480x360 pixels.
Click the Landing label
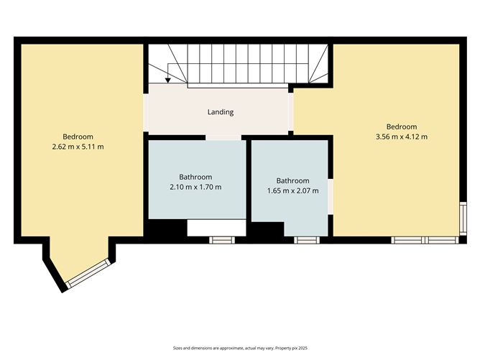(x=221, y=112)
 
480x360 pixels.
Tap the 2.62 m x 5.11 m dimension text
(x=78, y=147)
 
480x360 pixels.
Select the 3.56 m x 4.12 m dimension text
(x=402, y=137)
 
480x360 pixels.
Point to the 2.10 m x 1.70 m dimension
(x=195, y=187)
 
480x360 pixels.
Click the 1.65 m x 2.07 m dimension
(x=293, y=190)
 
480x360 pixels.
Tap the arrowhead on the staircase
(x=167, y=80)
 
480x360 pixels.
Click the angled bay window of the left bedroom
(x=88, y=273)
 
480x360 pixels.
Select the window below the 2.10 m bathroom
(x=222, y=240)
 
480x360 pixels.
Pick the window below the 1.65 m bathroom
(x=307, y=240)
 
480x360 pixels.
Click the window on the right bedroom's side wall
(x=463, y=218)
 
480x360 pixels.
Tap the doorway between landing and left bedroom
(x=146, y=113)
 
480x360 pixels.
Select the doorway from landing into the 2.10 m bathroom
(x=223, y=137)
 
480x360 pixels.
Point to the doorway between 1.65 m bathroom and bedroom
(x=331, y=197)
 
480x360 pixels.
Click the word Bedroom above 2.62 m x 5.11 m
(x=78, y=137)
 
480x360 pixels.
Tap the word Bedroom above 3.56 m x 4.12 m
(x=402, y=126)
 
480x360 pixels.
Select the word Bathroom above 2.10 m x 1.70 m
(x=195, y=177)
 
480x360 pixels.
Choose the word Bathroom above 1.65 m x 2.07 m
(x=292, y=180)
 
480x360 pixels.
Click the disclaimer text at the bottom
(x=240, y=348)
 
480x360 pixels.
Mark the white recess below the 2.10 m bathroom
(x=216, y=228)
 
